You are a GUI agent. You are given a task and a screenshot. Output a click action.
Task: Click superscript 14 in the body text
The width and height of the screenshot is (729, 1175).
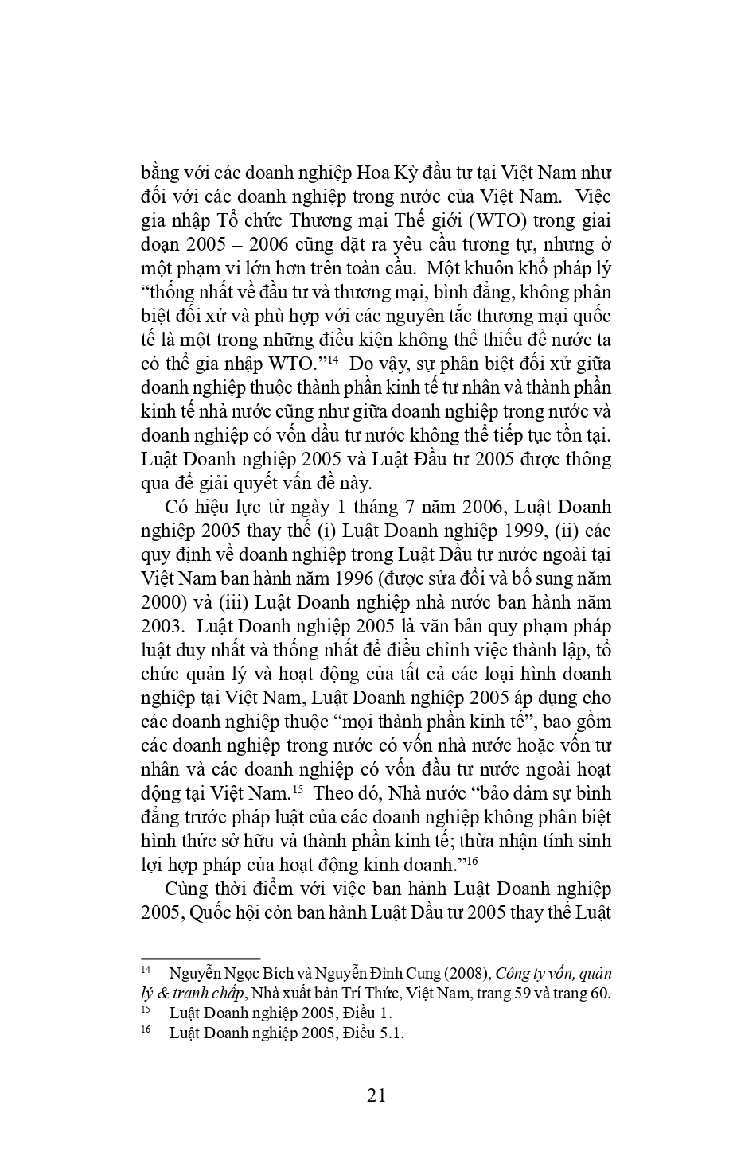332,360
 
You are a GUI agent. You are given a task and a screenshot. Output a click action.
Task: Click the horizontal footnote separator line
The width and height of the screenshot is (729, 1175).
201,959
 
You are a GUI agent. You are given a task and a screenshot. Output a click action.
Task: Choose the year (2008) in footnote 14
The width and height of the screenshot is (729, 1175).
466,973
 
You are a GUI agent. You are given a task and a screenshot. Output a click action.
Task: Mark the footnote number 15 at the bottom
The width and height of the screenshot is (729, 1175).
146,1010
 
